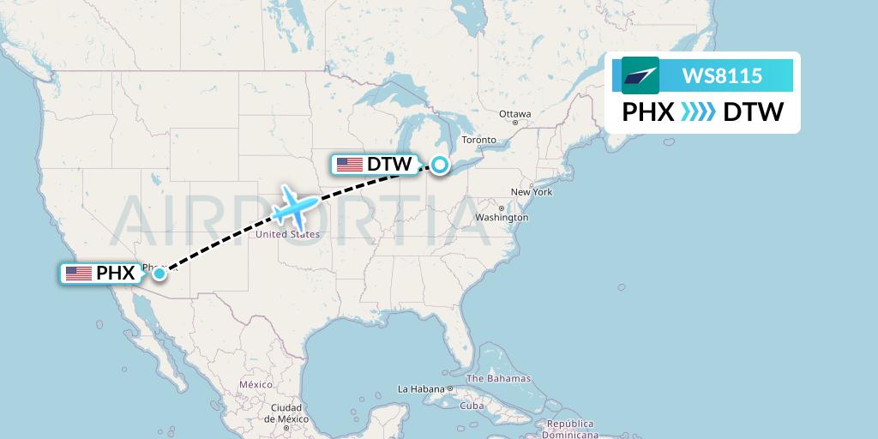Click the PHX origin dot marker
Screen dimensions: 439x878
(x=159, y=274)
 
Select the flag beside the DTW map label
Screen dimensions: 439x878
(x=349, y=164)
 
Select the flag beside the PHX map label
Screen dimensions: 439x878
(x=79, y=274)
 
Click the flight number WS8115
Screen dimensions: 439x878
(x=721, y=76)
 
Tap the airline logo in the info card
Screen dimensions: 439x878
(x=640, y=76)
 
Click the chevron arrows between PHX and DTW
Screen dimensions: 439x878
(x=698, y=112)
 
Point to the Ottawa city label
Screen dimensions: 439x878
(x=515, y=114)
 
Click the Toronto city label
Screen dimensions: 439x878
(x=478, y=140)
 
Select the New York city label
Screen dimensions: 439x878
(x=531, y=192)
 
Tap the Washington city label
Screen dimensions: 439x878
(x=502, y=218)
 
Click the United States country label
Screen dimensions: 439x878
(x=287, y=234)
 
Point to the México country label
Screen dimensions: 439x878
(x=256, y=385)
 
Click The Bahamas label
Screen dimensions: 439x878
(x=498, y=378)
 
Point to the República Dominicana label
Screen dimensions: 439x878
(x=571, y=429)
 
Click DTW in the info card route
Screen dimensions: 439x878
(x=753, y=112)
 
